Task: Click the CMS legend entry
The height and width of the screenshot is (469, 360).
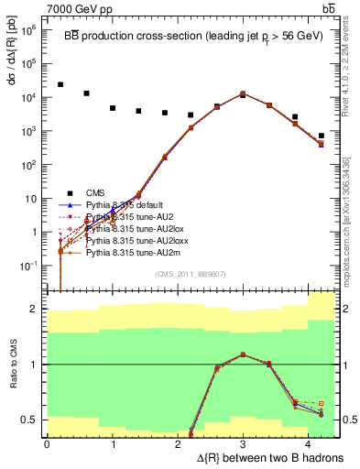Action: [95, 192]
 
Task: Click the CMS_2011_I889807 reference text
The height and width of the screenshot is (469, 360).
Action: [191, 274]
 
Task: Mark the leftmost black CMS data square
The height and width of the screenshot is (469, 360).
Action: [60, 84]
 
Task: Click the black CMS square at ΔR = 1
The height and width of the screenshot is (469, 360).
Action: [113, 108]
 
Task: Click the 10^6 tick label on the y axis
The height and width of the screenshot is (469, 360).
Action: [27, 30]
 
